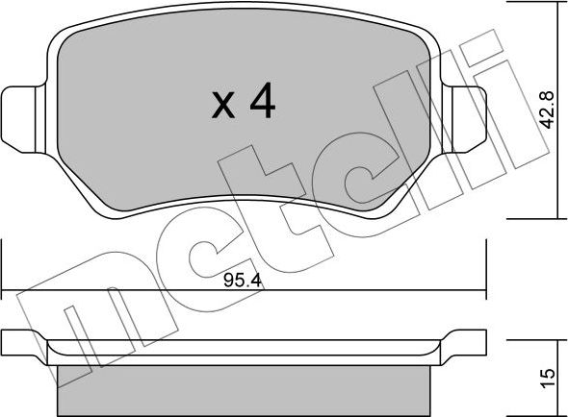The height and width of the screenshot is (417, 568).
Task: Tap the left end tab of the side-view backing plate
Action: [24, 341]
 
